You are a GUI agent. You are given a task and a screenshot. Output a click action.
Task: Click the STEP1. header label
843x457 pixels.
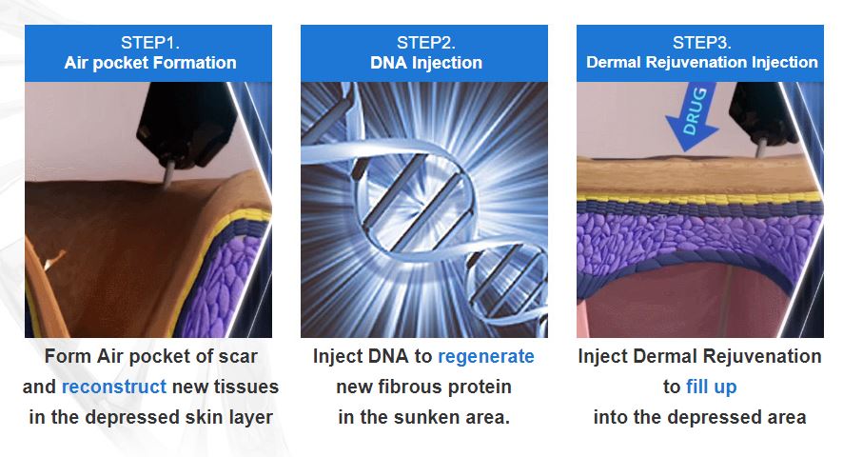click(149, 43)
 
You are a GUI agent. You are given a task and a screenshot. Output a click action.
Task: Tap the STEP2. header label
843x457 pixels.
click(425, 43)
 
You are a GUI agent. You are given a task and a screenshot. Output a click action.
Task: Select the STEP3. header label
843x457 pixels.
click(701, 43)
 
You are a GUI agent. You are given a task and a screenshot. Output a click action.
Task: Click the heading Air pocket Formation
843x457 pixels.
click(150, 64)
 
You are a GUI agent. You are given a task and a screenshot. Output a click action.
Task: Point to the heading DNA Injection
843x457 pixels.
click(425, 64)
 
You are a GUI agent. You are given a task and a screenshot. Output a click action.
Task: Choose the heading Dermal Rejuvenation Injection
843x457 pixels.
click(701, 63)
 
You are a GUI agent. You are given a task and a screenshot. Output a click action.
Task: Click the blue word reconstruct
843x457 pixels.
click(114, 387)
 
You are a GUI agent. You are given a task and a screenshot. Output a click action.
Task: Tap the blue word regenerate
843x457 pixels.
click(485, 356)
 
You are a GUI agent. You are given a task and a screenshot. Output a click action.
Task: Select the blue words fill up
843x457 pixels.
click(712, 387)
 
